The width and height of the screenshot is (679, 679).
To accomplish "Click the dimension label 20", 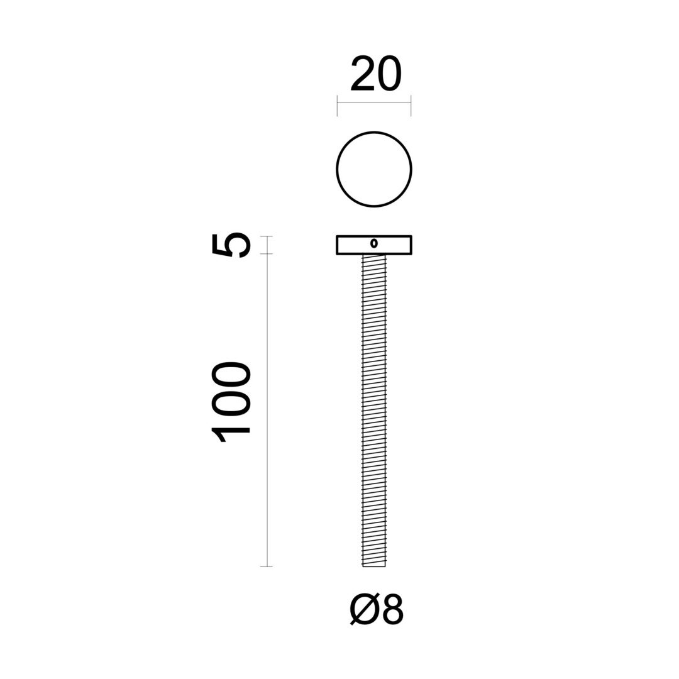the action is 376,74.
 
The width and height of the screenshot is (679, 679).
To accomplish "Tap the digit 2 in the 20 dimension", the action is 363,74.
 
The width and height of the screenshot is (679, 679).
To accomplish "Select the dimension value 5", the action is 231,245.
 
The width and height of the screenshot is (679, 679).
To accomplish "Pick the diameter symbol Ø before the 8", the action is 363,610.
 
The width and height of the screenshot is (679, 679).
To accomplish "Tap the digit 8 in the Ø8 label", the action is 391,610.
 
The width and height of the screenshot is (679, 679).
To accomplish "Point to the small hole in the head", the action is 374,244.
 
